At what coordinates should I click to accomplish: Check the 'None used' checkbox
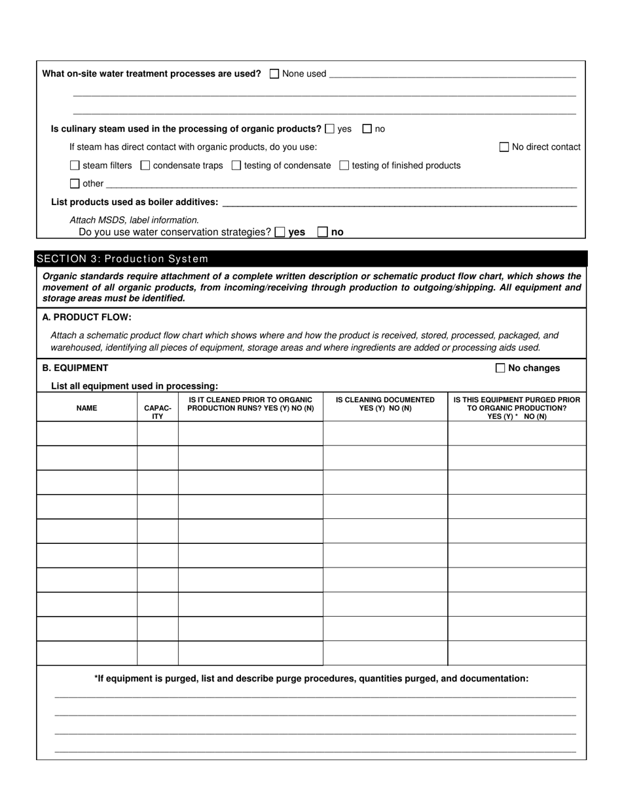pyautogui.click(x=274, y=74)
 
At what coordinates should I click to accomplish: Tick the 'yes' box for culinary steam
pyautogui.click(x=330, y=129)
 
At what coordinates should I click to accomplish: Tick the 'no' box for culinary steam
pyautogui.click(x=367, y=129)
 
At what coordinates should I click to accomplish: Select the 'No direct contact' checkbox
pyautogui.click(x=504, y=147)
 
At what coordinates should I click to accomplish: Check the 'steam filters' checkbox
pyautogui.click(x=75, y=166)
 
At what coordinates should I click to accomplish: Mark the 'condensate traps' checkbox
pyautogui.click(x=145, y=166)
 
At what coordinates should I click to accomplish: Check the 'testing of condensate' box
pyautogui.click(x=236, y=166)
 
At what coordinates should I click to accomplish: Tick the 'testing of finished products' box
pyautogui.click(x=344, y=166)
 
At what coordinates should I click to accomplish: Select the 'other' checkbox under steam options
pyautogui.click(x=75, y=183)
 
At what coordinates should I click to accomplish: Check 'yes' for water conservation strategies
pyautogui.click(x=280, y=232)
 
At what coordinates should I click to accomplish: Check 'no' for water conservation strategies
pyautogui.click(x=323, y=232)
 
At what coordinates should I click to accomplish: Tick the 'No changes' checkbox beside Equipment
pyautogui.click(x=501, y=368)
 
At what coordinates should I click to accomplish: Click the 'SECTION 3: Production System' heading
pyautogui.click(x=123, y=259)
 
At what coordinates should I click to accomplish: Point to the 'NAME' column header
pyautogui.click(x=86, y=408)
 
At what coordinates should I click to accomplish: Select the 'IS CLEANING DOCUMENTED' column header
pyautogui.click(x=385, y=404)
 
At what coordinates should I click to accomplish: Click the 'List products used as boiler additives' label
pyautogui.click(x=135, y=202)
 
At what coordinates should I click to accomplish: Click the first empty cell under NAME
pyautogui.click(x=86, y=434)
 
